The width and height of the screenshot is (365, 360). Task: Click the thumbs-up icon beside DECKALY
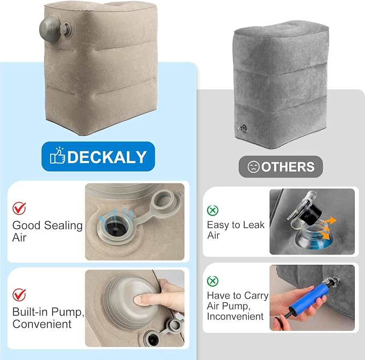point(58,156)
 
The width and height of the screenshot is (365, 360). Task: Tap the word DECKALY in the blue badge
point(107,157)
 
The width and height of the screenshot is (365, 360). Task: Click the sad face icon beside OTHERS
point(254,167)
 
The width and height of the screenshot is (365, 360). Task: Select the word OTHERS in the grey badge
point(288,167)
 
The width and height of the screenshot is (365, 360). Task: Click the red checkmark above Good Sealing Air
point(19,208)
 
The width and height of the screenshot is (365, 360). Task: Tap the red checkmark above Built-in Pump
point(19,295)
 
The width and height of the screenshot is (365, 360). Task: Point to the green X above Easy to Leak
point(212,210)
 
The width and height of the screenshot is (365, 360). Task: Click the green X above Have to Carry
point(212,281)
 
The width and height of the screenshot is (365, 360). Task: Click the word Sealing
point(63,226)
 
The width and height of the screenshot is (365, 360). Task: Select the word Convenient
point(42,324)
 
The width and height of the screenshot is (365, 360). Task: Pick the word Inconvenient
point(235,316)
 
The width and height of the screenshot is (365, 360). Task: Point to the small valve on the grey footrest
point(242,128)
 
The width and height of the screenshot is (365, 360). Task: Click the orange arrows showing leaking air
point(327,228)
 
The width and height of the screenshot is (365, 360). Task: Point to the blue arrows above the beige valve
point(116,215)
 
